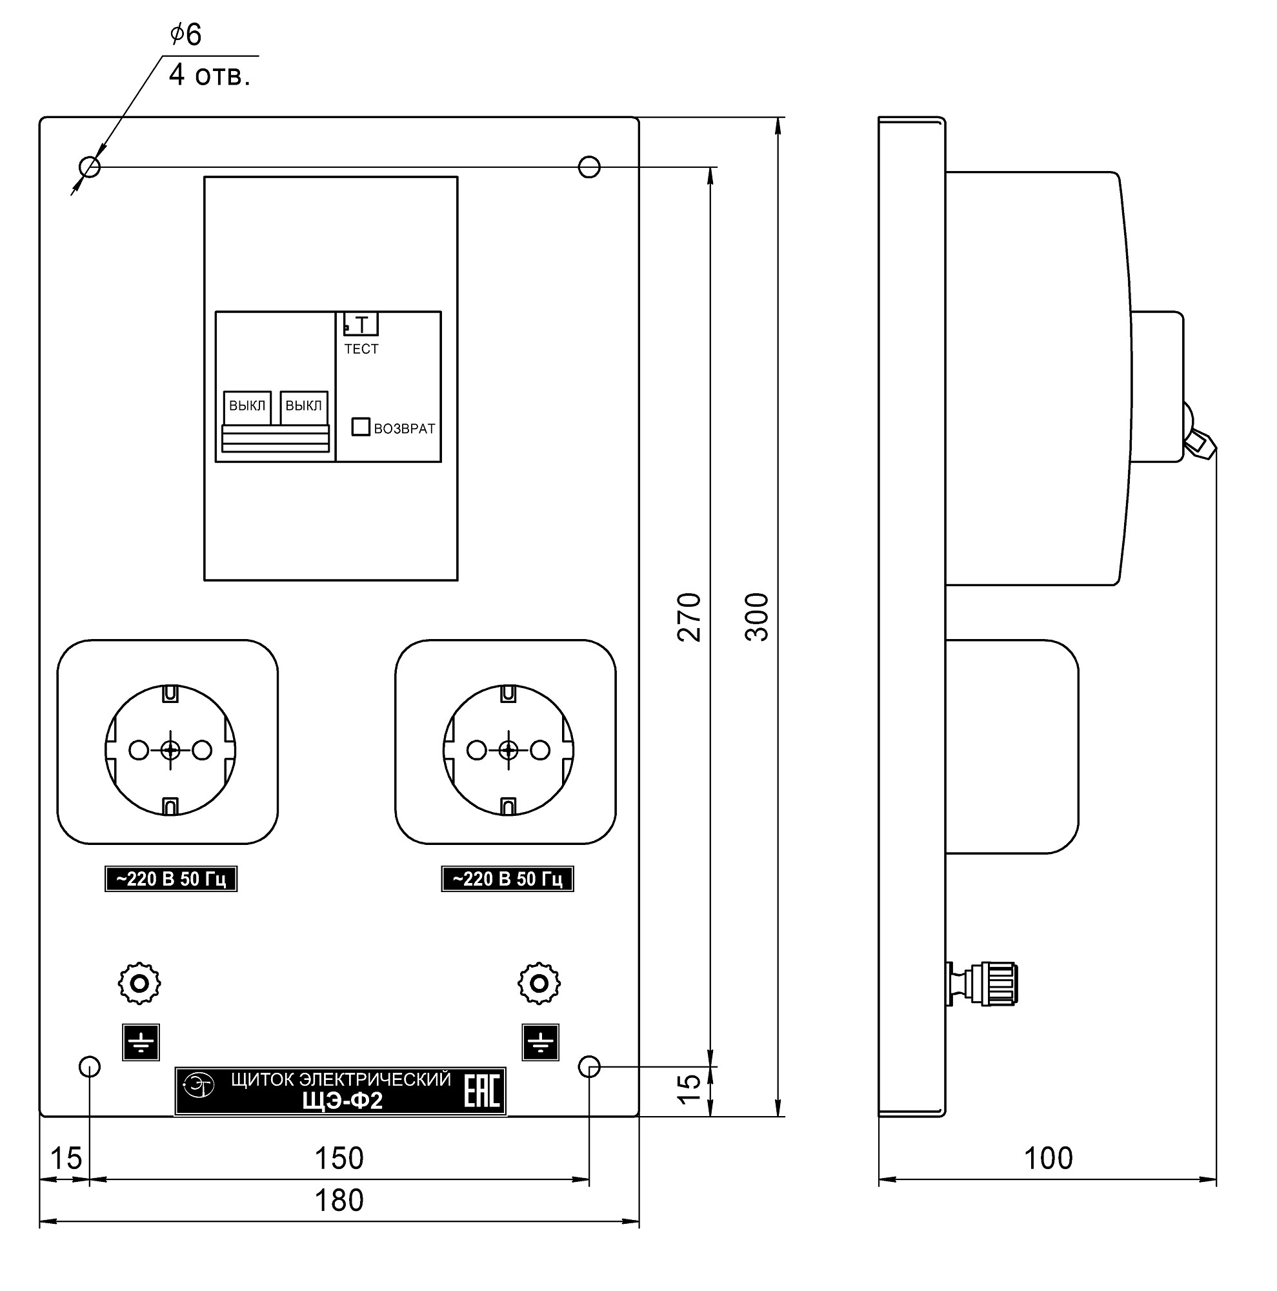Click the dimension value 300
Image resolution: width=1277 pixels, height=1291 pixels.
click(x=756, y=616)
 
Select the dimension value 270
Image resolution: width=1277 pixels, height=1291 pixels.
click(x=689, y=616)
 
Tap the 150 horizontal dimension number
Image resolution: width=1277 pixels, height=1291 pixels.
click(x=339, y=1158)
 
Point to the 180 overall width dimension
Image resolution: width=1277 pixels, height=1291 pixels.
click(x=339, y=1200)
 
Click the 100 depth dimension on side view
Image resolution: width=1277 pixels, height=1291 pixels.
click(x=1048, y=1158)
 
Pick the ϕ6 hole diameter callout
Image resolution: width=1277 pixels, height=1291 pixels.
click(x=186, y=34)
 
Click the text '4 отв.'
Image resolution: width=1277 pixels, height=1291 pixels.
click(x=210, y=75)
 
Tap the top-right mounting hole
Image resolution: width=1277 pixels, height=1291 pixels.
click(x=588, y=167)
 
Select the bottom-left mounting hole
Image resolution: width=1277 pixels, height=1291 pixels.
click(x=90, y=1066)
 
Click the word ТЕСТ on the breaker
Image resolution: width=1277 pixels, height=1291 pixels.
click(x=361, y=349)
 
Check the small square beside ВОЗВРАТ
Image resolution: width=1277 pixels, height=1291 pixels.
click(x=361, y=426)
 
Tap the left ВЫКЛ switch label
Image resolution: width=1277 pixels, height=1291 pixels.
click(x=247, y=405)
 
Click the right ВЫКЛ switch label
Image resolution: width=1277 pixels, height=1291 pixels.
click(x=303, y=405)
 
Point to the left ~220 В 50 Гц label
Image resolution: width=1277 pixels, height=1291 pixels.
click(x=171, y=879)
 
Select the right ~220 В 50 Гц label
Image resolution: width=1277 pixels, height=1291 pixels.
click(x=508, y=879)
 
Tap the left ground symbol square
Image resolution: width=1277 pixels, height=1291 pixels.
click(x=141, y=1042)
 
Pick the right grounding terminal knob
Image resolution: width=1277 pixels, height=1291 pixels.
click(x=539, y=983)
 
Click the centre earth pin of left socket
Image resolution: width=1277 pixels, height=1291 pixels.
click(x=170, y=751)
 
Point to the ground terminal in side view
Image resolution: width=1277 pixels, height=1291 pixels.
click(x=982, y=984)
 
